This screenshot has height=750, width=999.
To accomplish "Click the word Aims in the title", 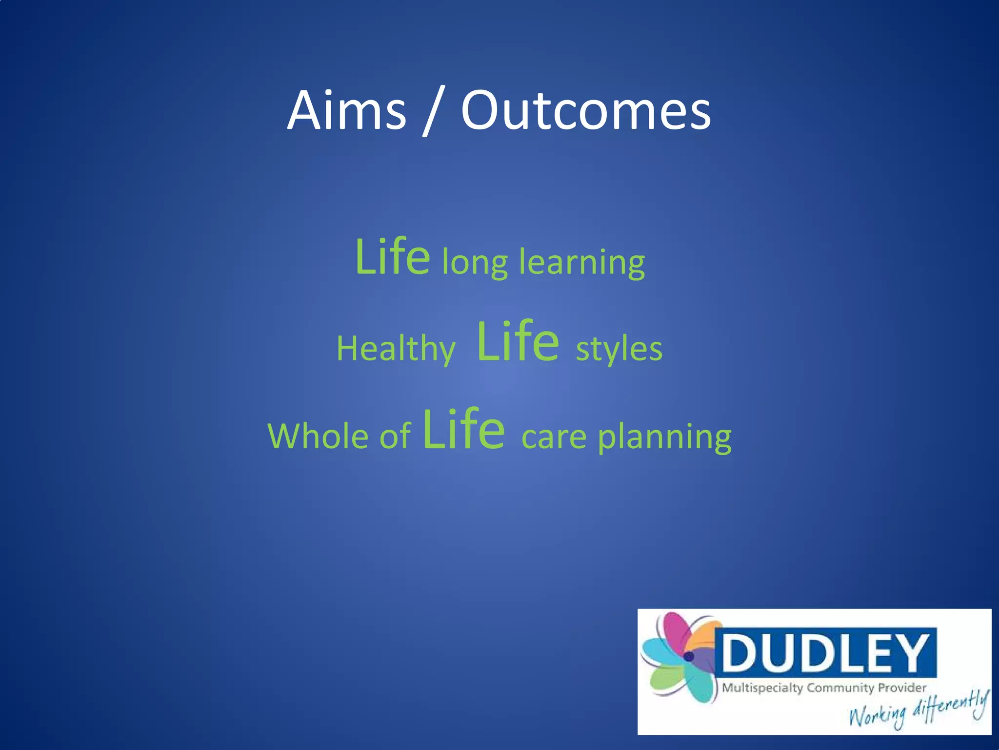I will tap(347, 111).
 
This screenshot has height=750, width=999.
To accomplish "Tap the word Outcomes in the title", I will tap(586, 111).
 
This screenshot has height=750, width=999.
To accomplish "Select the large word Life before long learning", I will tap(393, 257).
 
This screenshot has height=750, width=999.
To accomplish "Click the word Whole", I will tap(318, 436).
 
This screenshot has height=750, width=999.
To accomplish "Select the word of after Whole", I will tap(395, 436).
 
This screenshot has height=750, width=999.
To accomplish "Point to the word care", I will tap(554, 437).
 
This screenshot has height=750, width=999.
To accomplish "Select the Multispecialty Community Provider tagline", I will tap(824, 688).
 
